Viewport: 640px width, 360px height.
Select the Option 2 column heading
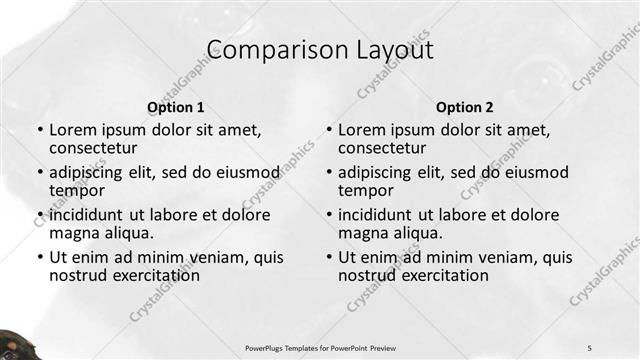(x=464, y=107)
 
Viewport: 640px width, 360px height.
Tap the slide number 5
(x=590, y=347)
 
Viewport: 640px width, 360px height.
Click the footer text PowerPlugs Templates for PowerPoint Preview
(x=320, y=347)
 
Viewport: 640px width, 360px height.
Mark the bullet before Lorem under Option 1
(x=39, y=131)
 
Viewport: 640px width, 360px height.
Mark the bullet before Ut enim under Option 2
(x=328, y=257)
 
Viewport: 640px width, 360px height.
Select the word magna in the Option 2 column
(x=361, y=233)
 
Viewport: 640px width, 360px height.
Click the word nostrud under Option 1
(x=77, y=275)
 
